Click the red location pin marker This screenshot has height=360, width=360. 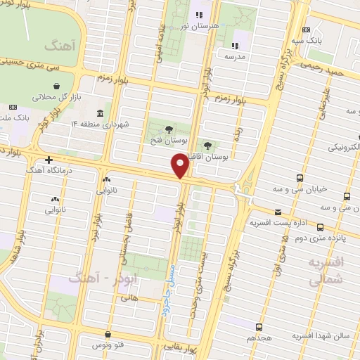coord(179,165)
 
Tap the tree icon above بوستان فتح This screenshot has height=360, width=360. coord(169,129)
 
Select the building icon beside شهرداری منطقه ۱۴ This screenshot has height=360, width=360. coord(100,113)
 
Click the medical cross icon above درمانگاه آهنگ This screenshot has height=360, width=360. coord(49,160)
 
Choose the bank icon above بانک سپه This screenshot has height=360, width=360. coord(306,30)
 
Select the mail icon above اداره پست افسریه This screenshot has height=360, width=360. coord(278,212)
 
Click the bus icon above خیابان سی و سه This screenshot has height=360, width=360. coord(300,178)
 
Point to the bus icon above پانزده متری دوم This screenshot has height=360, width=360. coord(320,227)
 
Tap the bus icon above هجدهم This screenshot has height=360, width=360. coord(259,327)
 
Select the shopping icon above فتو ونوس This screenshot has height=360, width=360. coord(108,335)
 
